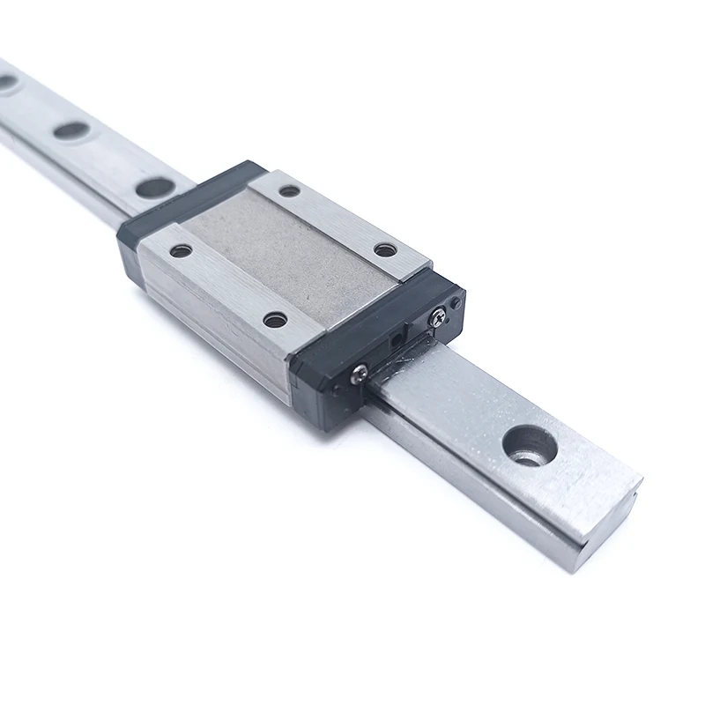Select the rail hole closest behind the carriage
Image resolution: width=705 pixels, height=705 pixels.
156,187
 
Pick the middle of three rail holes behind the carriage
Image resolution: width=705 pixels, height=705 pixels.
71,130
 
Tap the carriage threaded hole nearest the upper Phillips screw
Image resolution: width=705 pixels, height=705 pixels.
385,249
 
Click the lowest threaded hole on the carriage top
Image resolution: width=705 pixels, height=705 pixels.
275,320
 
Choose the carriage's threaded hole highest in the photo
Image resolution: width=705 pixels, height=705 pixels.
289,190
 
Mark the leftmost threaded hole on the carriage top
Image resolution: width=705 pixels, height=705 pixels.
181,250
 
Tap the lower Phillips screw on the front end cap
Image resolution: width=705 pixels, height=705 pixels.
359,377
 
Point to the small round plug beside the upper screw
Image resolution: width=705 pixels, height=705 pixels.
456,302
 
